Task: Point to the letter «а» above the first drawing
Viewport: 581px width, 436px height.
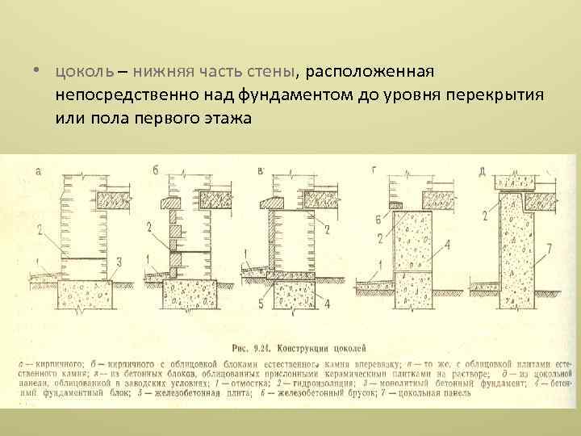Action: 39,171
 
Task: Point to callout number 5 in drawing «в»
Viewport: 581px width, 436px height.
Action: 260,303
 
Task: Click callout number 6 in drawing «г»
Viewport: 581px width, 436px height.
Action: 378,220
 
